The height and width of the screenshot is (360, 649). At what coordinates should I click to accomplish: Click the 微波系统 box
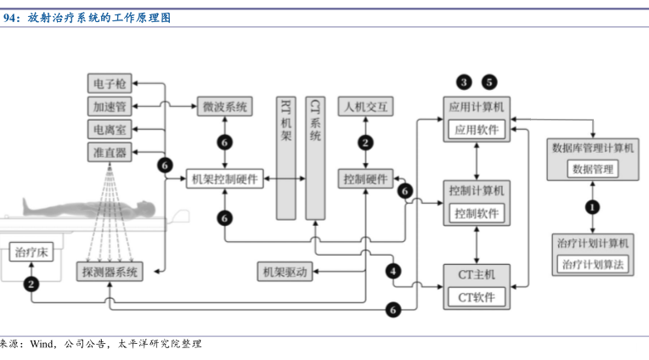[225, 107]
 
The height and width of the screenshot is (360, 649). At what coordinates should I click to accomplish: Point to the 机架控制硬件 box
[225, 179]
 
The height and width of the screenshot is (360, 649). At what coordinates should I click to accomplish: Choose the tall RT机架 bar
[286, 157]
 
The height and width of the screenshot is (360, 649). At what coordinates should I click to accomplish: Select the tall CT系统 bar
[315, 157]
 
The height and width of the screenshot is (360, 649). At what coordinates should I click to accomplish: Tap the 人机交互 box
[365, 107]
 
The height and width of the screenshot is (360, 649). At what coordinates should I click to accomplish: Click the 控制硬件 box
[365, 179]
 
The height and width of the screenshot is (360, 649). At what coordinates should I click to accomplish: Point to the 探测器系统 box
[110, 272]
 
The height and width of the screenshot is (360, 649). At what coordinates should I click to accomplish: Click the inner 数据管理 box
[593, 169]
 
